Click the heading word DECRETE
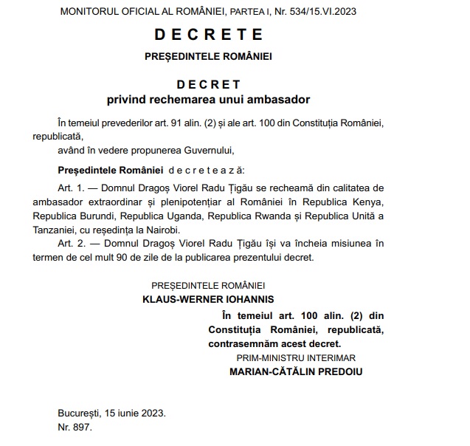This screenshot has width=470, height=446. pyautogui.click(x=209, y=34)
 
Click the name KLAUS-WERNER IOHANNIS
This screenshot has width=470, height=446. pyautogui.click(x=208, y=298)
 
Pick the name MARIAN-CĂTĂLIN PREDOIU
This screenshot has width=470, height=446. pyautogui.click(x=297, y=371)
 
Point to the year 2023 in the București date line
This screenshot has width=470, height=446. pyautogui.click(x=151, y=413)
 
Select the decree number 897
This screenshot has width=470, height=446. pyautogui.click(x=80, y=427)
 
